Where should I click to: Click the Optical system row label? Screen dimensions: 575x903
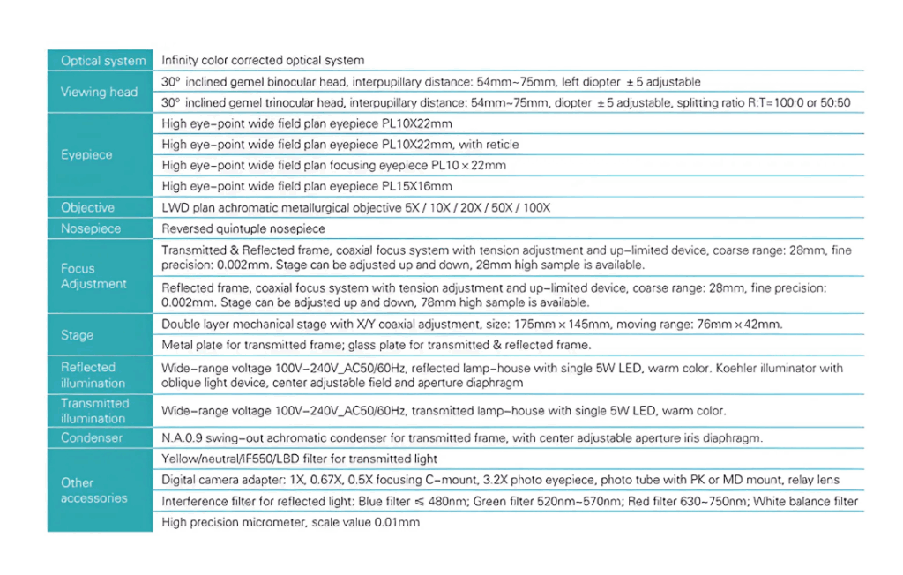click(x=103, y=61)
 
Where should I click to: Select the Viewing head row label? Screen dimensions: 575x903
click(x=99, y=92)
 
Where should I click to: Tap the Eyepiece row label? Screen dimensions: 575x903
click(x=87, y=154)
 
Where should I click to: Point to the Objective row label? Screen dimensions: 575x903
click(x=88, y=208)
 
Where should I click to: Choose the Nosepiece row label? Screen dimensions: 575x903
click(x=91, y=228)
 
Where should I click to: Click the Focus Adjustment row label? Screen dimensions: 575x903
click(x=93, y=276)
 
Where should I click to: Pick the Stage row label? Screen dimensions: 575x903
click(x=77, y=335)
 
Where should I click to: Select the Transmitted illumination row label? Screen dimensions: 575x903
click(x=94, y=411)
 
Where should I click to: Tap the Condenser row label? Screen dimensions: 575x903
click(x=92, y=437)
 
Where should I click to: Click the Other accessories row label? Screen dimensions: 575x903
click(x=93, y=490)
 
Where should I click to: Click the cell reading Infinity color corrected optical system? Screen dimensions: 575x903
click(x=263, y=61)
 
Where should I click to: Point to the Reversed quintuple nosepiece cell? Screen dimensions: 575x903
click(x=243, y=228)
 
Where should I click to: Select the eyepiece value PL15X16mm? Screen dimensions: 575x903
click(x=416, y=186)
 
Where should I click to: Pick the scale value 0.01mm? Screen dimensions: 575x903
click(x=396, y=522)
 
